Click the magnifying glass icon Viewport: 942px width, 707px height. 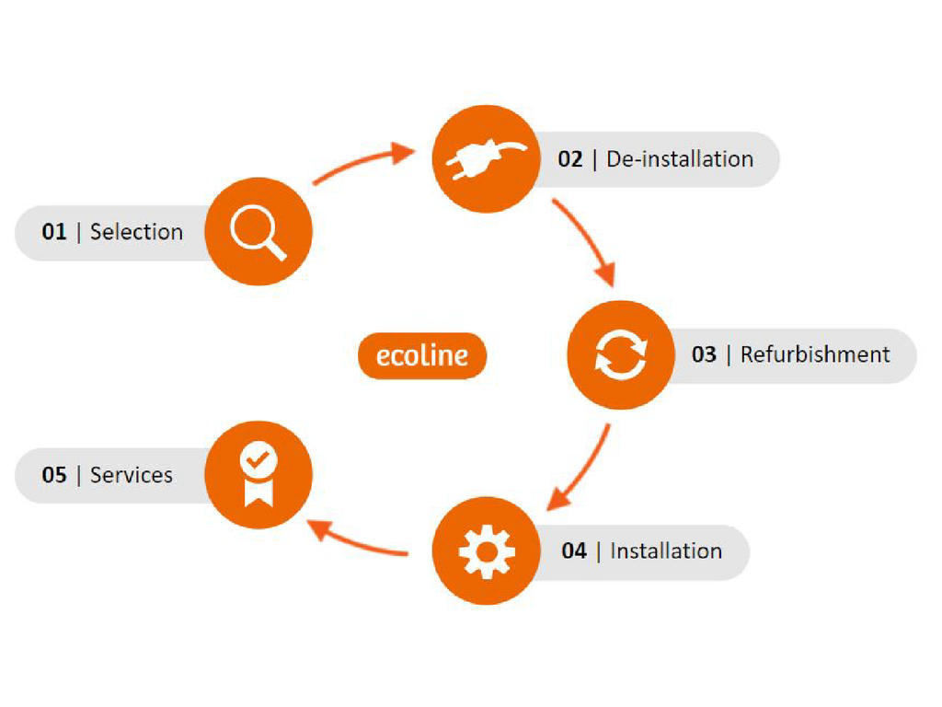tap(258, 231)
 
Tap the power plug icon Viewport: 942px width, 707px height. tap(486, 158)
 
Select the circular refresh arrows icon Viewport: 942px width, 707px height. tap(621, 354)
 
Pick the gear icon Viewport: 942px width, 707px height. tap(486, 551)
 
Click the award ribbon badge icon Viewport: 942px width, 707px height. tap(258, 474)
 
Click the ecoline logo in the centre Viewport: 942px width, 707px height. tap(422, 355)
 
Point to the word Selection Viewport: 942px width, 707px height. tap(136, 232)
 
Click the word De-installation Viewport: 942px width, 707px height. tap(680, 159)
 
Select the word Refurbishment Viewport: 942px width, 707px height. tap(815, 354)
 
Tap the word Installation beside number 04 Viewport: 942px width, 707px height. tap(666, 551)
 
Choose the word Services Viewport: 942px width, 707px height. tap(132, 475)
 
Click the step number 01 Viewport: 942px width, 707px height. tap(54, 232)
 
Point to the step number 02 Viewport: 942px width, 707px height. tap(570, 159)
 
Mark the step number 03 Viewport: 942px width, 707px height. tap(704, 354)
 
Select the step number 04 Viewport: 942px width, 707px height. tap(574, 551)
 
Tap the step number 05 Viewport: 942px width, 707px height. tap(54, 475)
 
